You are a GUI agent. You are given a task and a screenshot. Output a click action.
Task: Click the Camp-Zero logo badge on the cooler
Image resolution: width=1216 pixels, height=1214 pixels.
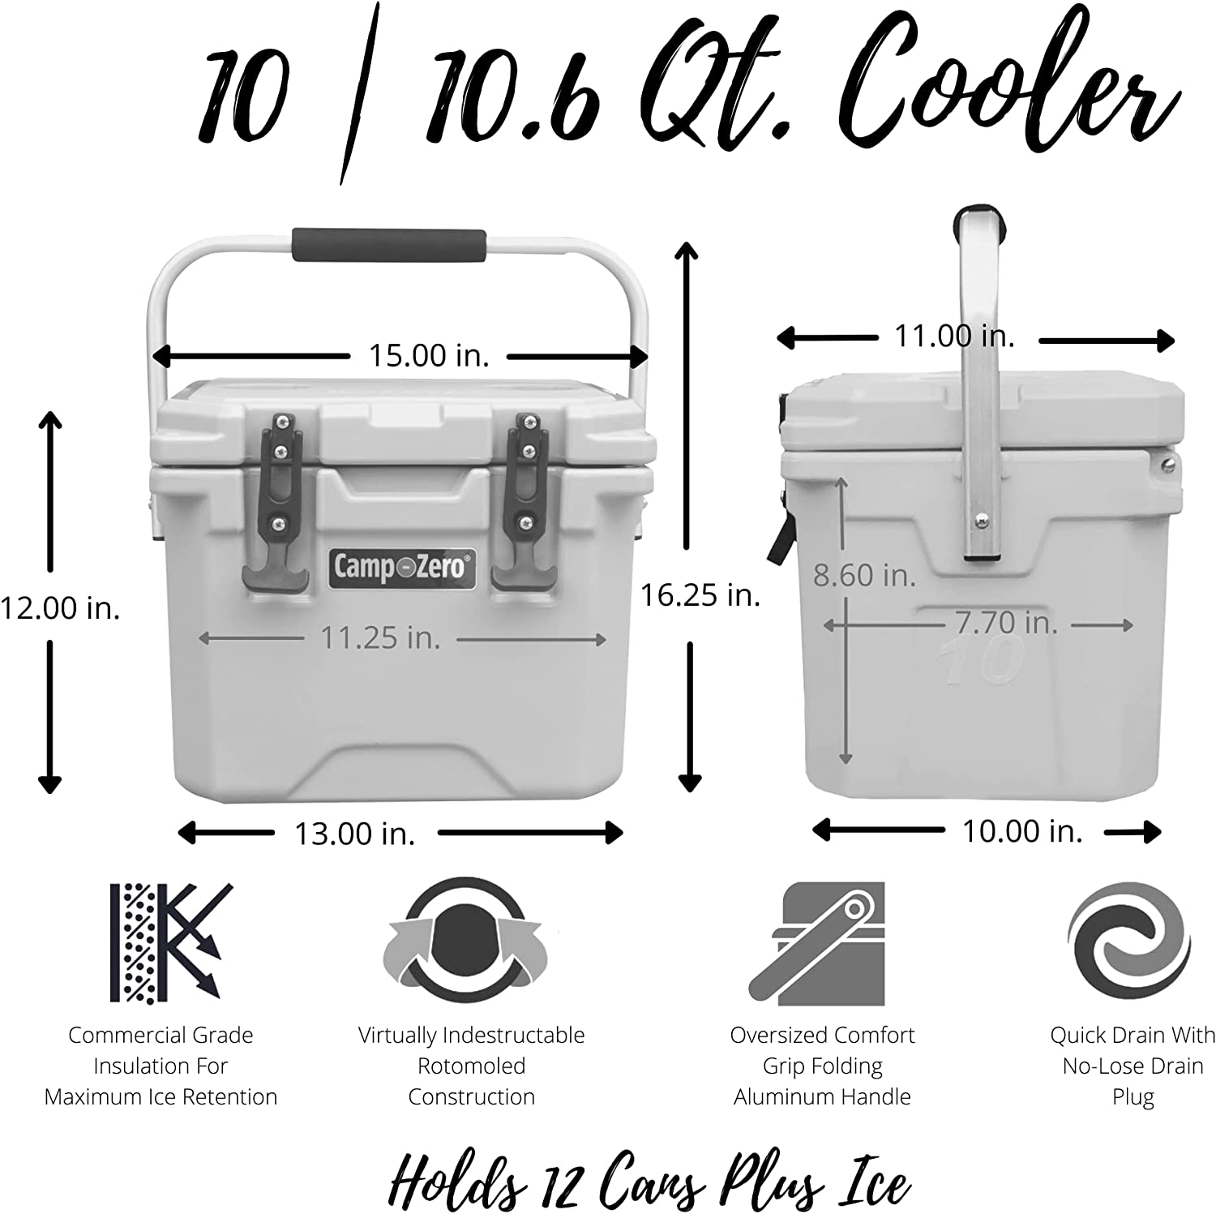(401, 566)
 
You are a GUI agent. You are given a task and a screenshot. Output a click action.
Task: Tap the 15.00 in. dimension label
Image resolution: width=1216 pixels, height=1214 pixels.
(429, 355)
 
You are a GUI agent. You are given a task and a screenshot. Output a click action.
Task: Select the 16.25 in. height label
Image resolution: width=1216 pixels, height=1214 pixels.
(700, 595)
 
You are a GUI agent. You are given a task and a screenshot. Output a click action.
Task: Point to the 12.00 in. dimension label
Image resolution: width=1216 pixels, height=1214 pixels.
(60, 607)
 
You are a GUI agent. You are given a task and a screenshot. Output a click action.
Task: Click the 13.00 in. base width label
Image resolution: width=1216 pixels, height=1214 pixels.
(354, 833)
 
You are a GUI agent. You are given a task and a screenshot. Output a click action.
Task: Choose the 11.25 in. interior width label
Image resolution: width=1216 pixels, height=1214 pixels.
(380, 637)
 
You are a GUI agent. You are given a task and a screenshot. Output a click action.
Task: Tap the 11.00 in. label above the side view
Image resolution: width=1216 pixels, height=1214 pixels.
(954, 336)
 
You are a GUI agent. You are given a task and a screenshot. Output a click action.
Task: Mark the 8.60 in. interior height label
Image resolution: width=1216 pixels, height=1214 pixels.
(864, 575)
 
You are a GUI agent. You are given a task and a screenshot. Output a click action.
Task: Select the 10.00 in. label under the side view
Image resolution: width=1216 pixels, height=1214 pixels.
(1022, 830)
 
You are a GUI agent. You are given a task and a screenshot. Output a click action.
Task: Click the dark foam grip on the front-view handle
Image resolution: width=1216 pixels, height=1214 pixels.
(390, 245)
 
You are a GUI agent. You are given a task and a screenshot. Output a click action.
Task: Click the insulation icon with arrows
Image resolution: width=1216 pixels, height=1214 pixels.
(171, 942)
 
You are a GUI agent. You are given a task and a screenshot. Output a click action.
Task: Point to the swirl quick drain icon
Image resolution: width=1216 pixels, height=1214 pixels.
(1128, 942)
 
